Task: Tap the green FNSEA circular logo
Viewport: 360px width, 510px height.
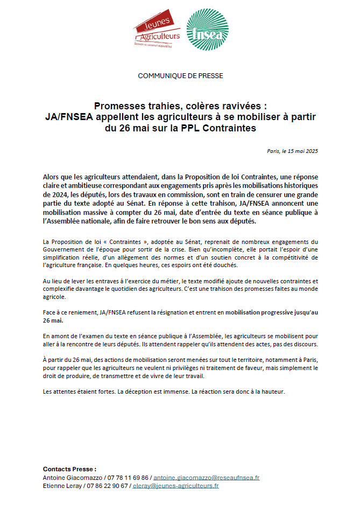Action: point(207,30)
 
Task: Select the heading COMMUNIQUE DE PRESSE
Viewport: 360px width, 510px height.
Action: point(180,76)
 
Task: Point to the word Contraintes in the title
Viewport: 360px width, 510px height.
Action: point(230,129)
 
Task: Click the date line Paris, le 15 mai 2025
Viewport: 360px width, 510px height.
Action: point(292,151)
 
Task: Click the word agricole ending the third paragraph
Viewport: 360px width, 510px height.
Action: point(54,297)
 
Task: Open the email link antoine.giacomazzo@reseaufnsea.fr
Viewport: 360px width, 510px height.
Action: point(207,478)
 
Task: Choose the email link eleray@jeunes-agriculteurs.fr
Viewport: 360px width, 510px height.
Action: point(176,486)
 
